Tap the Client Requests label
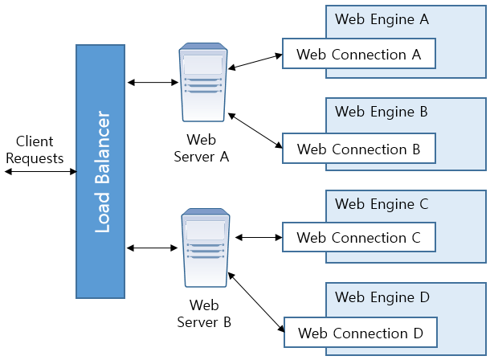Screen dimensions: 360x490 pyautogui.click(x=35, y=150)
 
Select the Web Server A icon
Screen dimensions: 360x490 pyautogui.click(x=202, y=82)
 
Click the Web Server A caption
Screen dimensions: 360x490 pyautogui.click(x=202, y=149)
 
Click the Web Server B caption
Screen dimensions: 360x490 pyautogui.click(x=203, y=313)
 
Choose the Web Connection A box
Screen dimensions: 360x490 pyautogui.click(x=358, y=55)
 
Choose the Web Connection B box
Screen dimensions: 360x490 pyautogui.click(x=358, y=149)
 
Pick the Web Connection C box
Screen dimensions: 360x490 pyautogui.click(x=358, y=237)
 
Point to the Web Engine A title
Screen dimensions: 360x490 pyautogui.click(x=382, y=18)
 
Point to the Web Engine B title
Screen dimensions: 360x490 pyautogui.click(x=382, y=112)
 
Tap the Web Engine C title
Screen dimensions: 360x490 pyautogui.click(x=382, y=203)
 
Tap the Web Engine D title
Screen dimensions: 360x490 pyautogui.click(x=382, y=297)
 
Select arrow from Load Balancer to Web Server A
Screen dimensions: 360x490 pyautogui.click(x=151, y=82)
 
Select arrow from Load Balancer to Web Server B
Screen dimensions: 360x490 pyautogui.click(x=151, y=247)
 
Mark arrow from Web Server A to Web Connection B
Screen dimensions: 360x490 pyautogui.click(x=255, y=131)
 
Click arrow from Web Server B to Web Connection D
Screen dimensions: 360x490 pyautogui.click(x=257, y=300)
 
